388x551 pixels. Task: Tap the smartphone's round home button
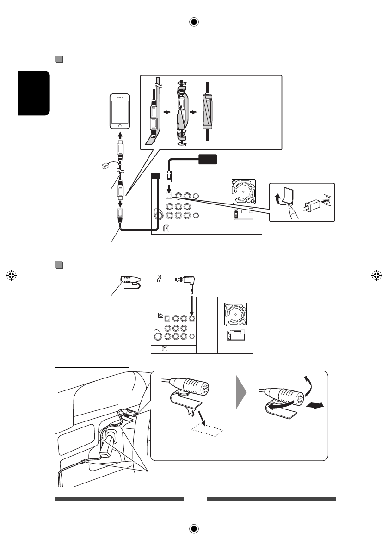pos(120,125)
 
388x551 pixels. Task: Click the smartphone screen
pos(120,111)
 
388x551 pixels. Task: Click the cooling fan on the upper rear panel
pos(242,191)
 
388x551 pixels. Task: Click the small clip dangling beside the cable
pos(106,165)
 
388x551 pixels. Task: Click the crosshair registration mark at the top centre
pos(194,21)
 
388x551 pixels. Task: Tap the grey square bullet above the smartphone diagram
pos(58,59)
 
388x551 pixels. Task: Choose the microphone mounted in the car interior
pos(128,414)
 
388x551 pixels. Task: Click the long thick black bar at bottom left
pos(119,499)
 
